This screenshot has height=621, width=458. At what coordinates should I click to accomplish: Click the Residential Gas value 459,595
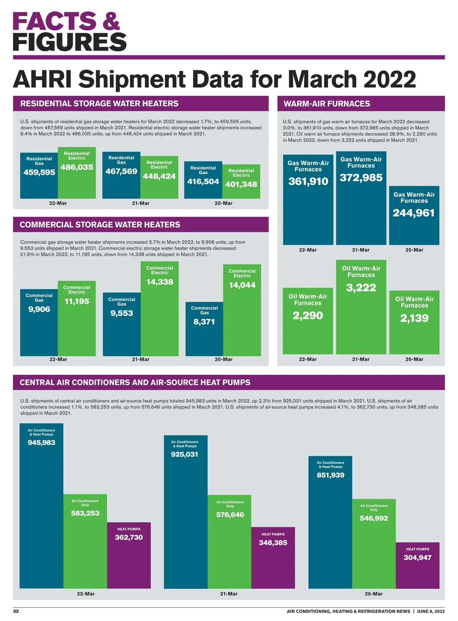point(39,172)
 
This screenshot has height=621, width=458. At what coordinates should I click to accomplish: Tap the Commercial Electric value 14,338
point(160,282)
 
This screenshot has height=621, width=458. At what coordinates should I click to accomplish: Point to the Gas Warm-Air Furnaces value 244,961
point(414,213)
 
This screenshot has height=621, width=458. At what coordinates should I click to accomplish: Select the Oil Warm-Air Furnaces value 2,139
point(414,318)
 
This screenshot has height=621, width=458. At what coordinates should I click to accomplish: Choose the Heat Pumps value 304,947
point(418,558)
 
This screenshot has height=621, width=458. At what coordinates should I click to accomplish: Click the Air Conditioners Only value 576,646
point(230,515)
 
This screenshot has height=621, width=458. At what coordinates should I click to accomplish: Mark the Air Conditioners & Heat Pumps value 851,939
point(331,475)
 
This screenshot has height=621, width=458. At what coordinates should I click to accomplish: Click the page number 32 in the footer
point(16,611)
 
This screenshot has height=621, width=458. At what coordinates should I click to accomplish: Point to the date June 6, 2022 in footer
point(431,611)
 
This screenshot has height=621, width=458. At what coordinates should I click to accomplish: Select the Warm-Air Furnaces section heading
point(327,104)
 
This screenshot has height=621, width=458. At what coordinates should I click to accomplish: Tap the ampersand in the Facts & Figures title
point(111,21)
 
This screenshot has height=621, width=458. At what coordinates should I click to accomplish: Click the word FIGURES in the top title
point(69,42)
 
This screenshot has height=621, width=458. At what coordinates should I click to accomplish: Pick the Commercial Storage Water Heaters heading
point(100,225)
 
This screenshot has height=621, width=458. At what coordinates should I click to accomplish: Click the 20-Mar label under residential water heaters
point(223,203)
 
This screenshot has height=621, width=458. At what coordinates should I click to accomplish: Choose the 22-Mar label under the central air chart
point(85,594)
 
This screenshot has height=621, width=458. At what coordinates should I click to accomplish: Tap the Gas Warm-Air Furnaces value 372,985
point(361,178)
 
